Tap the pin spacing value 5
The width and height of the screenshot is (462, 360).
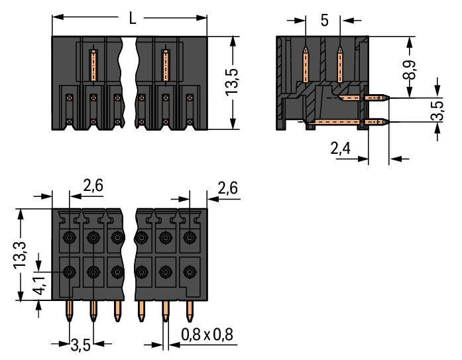pos(324,21)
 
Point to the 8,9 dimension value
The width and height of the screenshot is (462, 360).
pos(412,67)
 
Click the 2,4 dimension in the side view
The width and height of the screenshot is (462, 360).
pos(341,150)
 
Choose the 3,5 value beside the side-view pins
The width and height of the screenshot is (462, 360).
pos(437,110)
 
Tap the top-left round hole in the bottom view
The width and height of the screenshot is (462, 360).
pos(69,237)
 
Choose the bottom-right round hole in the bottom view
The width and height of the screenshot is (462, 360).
pos(190,271)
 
